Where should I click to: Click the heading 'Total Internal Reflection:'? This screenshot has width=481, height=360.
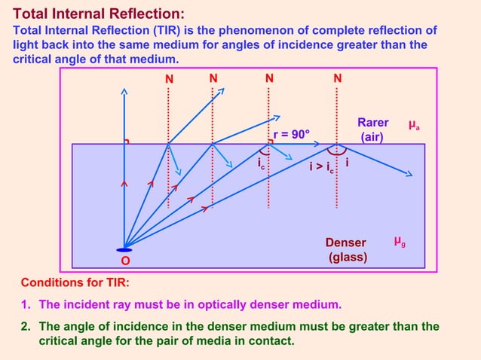tap(99, 14)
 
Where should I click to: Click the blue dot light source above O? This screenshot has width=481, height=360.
tap(124, 249)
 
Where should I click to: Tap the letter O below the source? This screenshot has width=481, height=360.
tap(125, 261)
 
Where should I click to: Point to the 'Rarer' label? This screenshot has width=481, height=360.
tap(372, 123)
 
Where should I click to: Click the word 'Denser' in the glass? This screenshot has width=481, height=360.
tap(345, 243)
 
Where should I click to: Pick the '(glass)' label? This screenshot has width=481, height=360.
tap(348, 257)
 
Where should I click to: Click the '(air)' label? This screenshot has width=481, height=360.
tap(372, 137)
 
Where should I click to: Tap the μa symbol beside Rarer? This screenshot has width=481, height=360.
tap(414, 124)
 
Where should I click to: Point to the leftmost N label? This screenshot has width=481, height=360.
tap(169, 78)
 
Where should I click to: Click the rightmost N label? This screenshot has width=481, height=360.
tap(337, 78)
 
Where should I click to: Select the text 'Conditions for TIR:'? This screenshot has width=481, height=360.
tap(75, 283)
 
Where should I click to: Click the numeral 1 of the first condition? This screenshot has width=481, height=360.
tap(25, 305)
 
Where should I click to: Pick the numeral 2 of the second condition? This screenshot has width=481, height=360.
tap(25, 327)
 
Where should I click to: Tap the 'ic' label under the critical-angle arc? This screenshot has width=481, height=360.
tap(261, 163)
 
